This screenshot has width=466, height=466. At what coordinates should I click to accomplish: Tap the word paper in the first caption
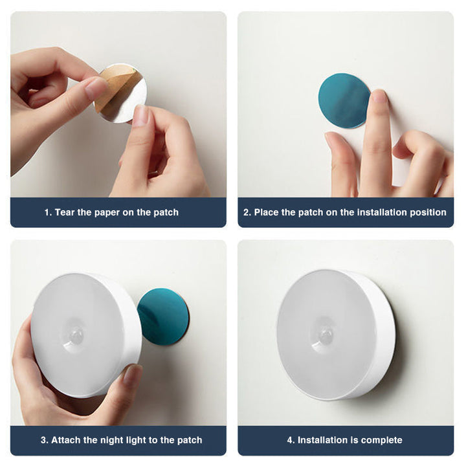click(x=107, y=213)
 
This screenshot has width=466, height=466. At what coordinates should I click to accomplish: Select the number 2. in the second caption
click(x=247, y=212)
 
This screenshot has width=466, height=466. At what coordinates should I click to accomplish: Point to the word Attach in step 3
click(x=66, y=440)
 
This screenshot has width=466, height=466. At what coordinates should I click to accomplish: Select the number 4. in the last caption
click(x=291, y=440)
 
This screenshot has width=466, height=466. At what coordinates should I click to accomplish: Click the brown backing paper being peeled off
click(x=116, y=86)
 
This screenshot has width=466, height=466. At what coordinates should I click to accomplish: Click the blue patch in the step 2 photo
click(x=344, y=101)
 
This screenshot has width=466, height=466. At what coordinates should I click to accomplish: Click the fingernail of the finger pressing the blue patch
click(x=379, y=96)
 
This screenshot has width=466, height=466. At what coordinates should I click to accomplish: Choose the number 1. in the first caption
click(x=48, y=212)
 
